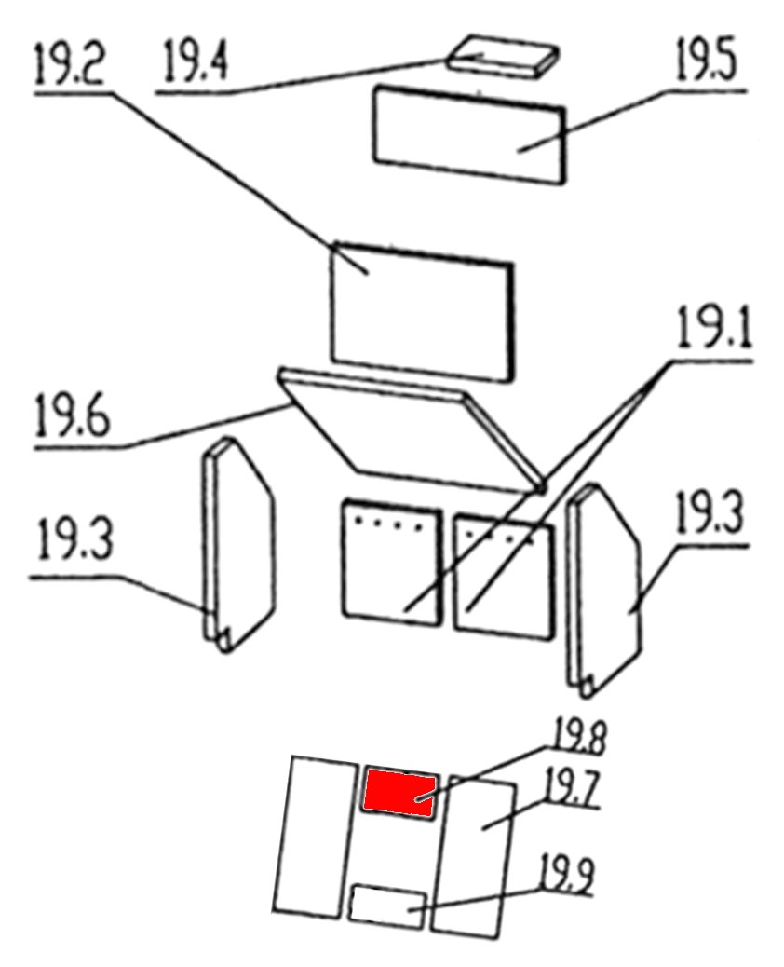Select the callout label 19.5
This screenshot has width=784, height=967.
[x=707, y=60]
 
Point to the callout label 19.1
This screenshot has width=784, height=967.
[x=715, y=328]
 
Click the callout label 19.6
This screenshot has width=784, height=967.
[x=73, y=416]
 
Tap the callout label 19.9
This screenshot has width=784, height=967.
[x=567, y=875]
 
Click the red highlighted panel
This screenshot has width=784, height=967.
[x=399, y=791]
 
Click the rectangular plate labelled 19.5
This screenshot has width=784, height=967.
[x=469, y=135]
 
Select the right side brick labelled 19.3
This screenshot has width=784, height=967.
[x=604, y=590]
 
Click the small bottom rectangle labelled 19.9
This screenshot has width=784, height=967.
[x=387, y=906]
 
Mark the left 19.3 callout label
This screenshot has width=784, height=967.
[x=75, y=539]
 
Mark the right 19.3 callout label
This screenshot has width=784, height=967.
[x=710, y=513]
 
